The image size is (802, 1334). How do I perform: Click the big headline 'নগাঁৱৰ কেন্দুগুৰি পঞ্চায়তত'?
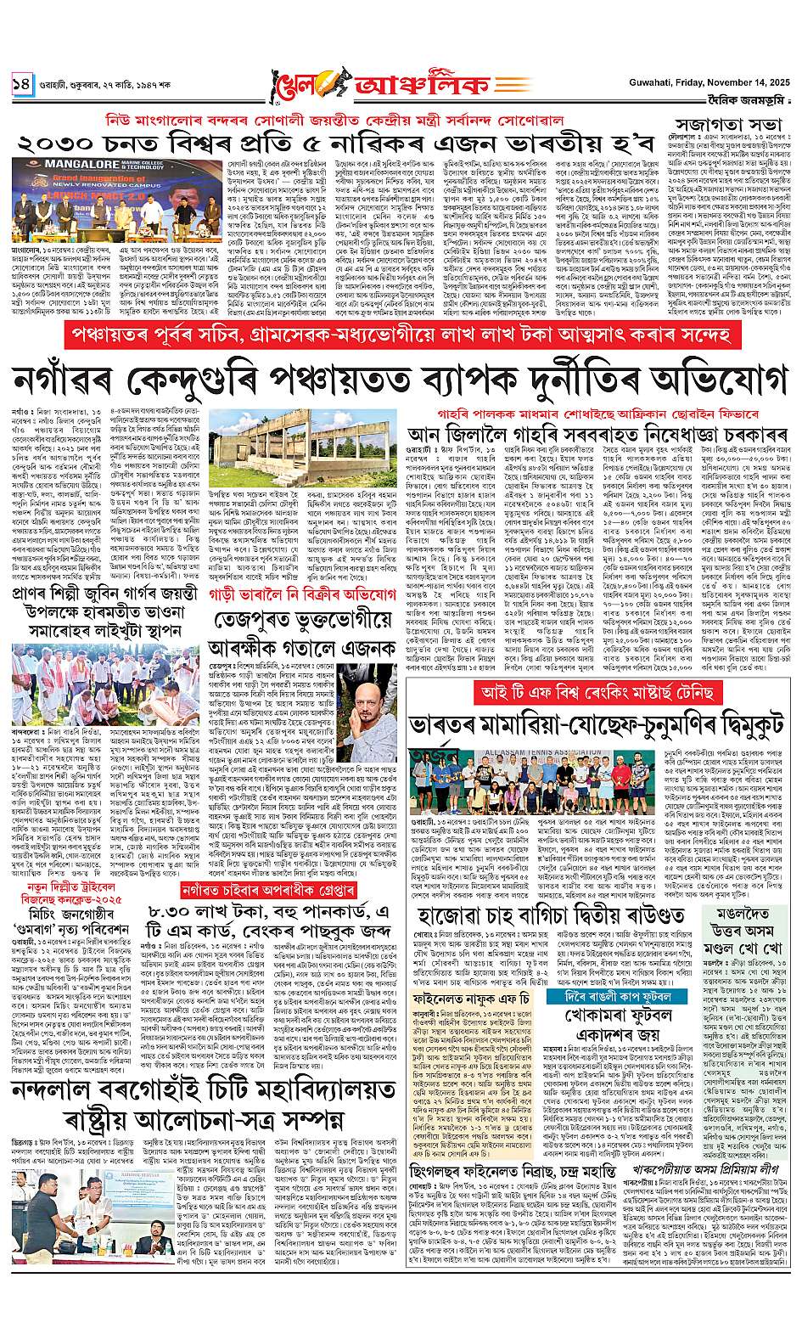[399, 378]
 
